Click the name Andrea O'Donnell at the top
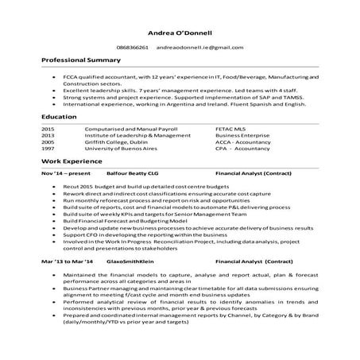[x=180, y=33]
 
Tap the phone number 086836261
[x=133, y=48]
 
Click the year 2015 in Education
[x=48, y=128]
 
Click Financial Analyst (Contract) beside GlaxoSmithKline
[x=254, y=261]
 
